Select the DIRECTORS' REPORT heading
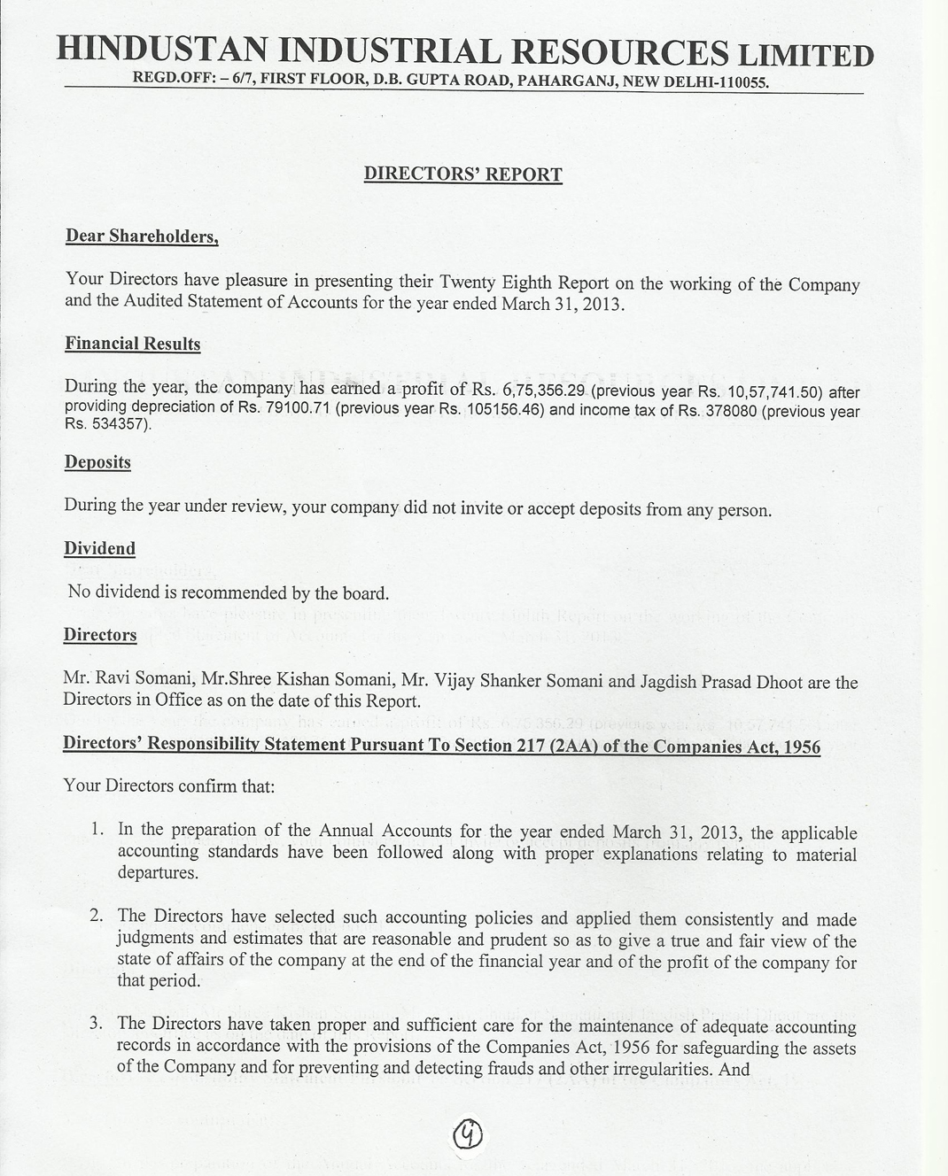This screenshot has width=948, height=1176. (462, 174)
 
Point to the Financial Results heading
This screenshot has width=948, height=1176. (133, 344)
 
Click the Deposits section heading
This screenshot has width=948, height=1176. (97, 462)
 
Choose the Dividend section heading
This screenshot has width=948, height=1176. (100, 548)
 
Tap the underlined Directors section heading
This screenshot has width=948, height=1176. (100, 635)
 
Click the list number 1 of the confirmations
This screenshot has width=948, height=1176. (97, 830)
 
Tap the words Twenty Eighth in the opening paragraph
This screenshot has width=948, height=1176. (495, 282)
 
